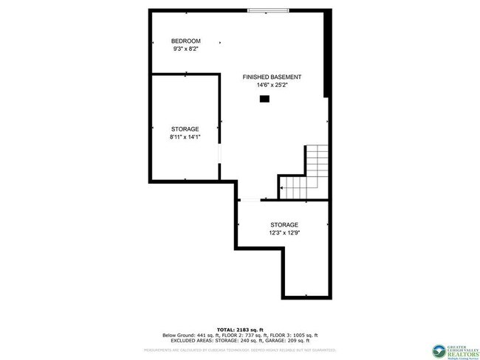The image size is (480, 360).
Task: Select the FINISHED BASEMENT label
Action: pos(272,77)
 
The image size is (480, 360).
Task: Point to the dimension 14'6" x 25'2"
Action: pos(272,85)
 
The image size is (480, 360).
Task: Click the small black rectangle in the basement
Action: pos(264,98)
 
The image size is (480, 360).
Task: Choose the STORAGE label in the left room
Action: pos(185,129)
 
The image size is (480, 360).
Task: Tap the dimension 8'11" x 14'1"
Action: pos(185,137)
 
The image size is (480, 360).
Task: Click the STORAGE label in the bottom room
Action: pos(284,225)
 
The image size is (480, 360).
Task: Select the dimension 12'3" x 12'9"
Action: pos(284,233)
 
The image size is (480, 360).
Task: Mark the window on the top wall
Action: pos(268,10)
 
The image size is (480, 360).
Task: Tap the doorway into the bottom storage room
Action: pos(250,200)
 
